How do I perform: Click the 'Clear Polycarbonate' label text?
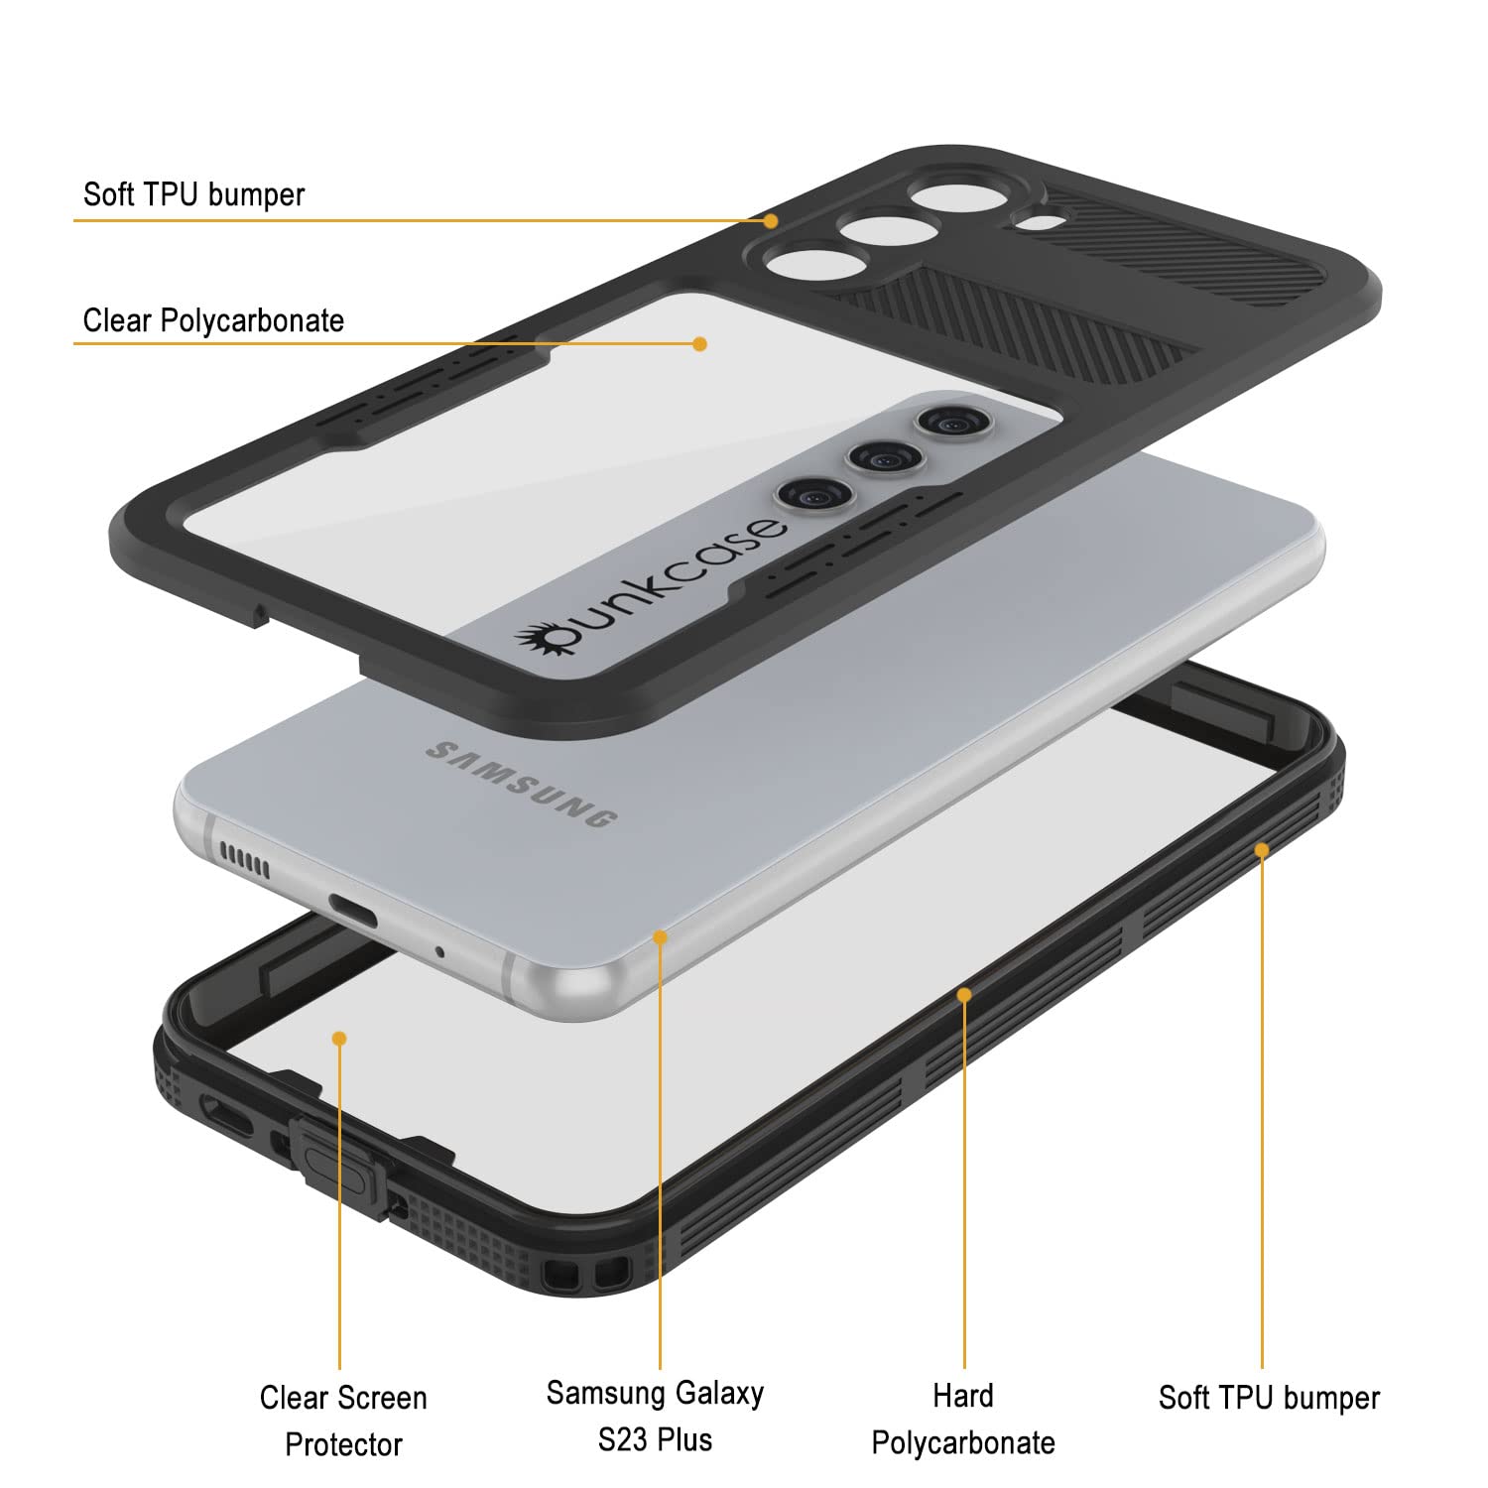coord(213,321)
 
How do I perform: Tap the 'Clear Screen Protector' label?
coord(343,1421)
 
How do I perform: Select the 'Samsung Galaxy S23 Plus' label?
coord(655,1416)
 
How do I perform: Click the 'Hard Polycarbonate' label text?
coord(963,1419)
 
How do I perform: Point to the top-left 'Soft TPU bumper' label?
coord(193,194)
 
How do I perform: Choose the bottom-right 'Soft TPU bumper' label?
coord(1269,1398)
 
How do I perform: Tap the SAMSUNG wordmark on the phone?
coord(522,784)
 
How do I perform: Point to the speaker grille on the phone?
coord(244,860)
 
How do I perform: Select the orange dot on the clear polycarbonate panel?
coord(699,344)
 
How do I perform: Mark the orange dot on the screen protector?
coord(339,1038)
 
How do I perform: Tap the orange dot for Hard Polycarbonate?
coord(964,993)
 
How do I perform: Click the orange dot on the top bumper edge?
coord(771,220)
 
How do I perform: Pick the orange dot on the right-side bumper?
coord(1262,850)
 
